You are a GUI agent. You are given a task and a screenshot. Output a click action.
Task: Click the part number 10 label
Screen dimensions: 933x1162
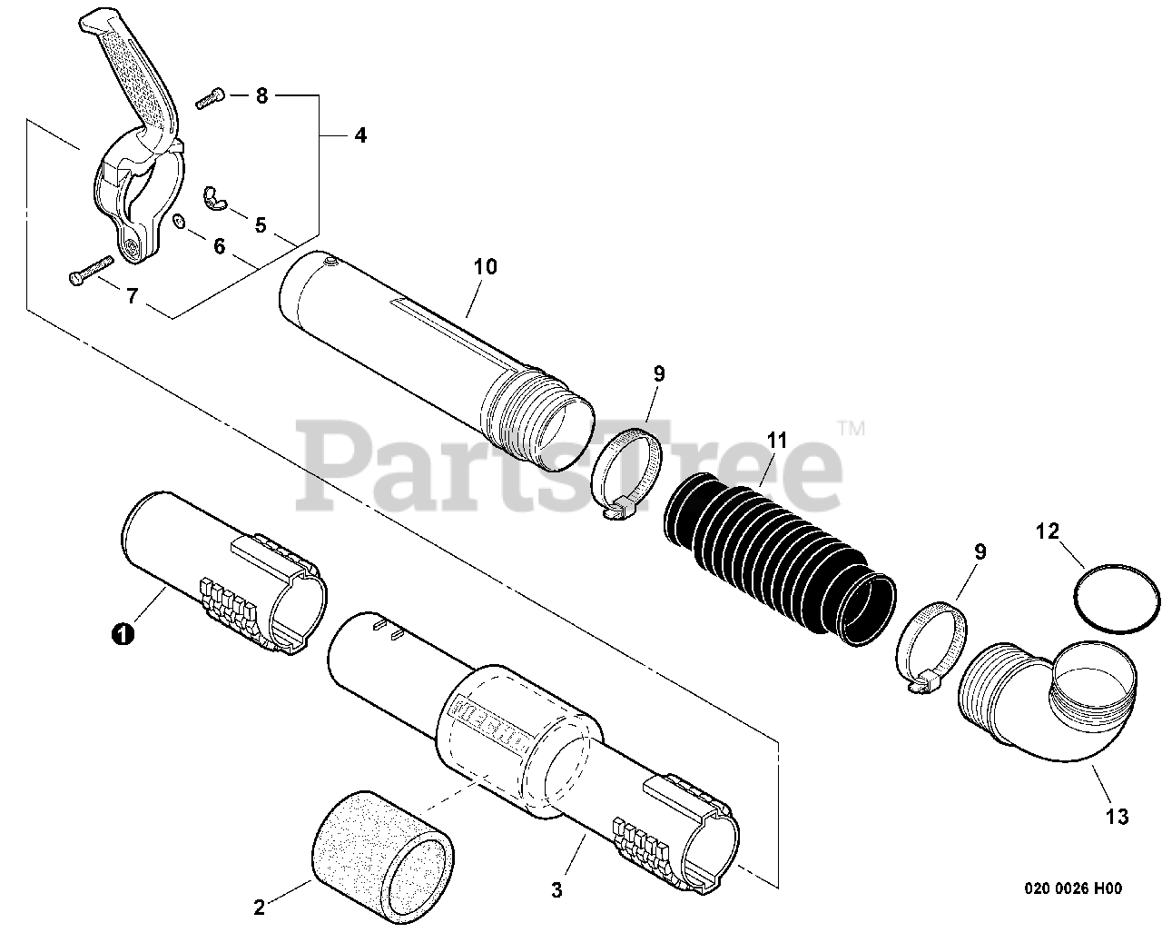coord(485,266)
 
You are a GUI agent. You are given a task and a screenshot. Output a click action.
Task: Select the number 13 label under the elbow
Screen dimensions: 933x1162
coord(1117,817)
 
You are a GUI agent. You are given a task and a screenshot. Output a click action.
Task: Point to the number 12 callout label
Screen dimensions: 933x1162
coord(1048,531)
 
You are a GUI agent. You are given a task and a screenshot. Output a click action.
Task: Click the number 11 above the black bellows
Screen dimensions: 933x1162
coord(775,441)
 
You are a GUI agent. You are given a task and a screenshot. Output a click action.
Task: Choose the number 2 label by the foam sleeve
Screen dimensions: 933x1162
coord(260,906)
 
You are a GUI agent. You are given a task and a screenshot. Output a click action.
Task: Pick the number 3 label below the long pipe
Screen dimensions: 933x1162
coord(557,890)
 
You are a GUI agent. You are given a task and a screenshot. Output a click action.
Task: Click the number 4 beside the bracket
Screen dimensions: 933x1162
coord(360,135)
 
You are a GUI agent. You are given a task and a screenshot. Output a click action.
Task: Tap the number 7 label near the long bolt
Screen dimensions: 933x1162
coord(132,296)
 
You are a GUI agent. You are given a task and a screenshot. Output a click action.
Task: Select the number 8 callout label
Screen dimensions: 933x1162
coord(261,95)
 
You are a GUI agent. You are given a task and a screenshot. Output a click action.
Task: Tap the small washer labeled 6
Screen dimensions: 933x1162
coord(178,222)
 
